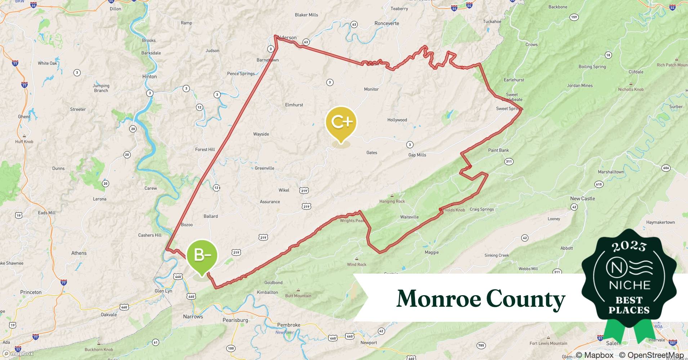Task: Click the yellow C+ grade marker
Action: pyautogui.click(x=341, y=122)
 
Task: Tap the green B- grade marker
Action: pyautogui.click(x=202, y=255)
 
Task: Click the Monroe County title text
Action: pyautogui.click(x=481, y=299)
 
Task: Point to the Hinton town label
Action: pyautogui.click(x=149, y=77)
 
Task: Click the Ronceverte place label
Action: pyautogui.click(x=387, y=23)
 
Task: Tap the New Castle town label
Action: pyautogui.click(x=582, y=198)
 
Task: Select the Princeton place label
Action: pyautogui.click(x=31, y=292)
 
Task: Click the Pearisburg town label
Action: pyautogui.click(x=235, y=320)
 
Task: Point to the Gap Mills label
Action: pyautogui.click(x=417, y=155)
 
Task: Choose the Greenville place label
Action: pyautogui.click(x=264, y=168)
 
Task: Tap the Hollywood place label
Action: pyautogui.click(x=397, y=120)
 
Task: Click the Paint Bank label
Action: pyautogui.click(x=499, y=150)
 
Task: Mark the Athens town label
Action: pyautogui.click(x=79, y=253)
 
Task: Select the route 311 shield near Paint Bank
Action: pyautogui.click(x=509, y=162)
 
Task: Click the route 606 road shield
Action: pyautogui.click(x=666, y=168)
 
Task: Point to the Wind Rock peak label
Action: pyautogui.click(x=357, y=264)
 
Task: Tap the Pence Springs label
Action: pyautogui.click(x=241, y=74)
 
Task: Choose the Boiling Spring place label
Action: pyautogui.click(x=592, y=67)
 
